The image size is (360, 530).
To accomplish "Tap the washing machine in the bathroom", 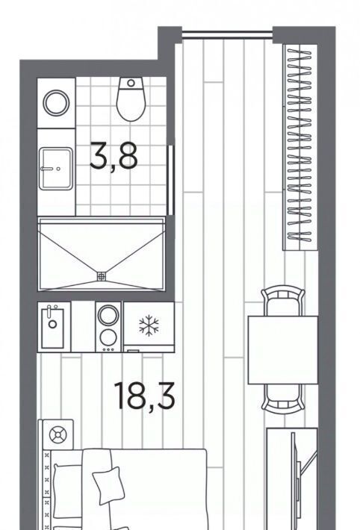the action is (x=56, y=103).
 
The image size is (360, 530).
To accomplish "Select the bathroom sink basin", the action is (x=56, y=168).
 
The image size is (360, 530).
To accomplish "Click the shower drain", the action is (x=101, y=276).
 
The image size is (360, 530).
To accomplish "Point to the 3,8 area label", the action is (x=114, y=157).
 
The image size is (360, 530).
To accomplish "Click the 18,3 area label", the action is (x=144, y=395).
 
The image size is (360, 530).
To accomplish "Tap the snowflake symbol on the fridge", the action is (x=149, y=325).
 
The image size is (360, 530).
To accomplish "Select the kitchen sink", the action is (x=53, y=328).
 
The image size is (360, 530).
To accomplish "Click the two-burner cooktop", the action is (x=108, y=327).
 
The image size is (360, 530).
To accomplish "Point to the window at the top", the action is (x=227, y=34).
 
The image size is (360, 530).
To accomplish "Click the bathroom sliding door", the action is (x=171, y=180).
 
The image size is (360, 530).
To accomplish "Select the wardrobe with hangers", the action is (x=300, y=147).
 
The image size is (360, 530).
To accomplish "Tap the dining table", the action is (x=283, y=350).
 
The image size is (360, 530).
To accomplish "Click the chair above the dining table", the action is (x=283, y=302).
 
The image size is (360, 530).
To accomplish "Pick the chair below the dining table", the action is (x=283, y=399).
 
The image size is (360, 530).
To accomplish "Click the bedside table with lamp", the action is (x=58, y=434).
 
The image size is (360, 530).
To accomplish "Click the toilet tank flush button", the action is (x=131, y=83).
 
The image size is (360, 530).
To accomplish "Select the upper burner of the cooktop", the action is (x=108, y=315).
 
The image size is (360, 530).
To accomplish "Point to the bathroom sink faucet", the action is (x=47, y=168).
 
